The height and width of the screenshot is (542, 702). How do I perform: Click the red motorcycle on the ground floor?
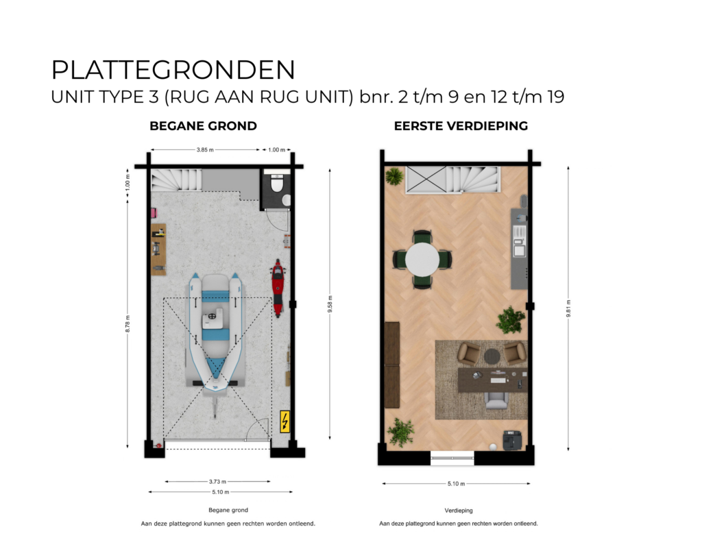click(278, 287)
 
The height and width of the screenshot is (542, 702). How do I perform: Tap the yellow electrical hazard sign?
click(285, 421)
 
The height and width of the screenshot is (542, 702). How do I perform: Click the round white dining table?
click(422, 260)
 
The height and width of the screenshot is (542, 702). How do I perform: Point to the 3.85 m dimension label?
click(205, 149)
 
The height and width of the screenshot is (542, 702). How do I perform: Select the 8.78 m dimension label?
click(128, 325)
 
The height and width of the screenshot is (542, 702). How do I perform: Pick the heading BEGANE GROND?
click(204, 126)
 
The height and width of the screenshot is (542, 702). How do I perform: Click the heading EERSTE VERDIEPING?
click(461, 126)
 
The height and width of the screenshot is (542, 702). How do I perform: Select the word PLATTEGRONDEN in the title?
click(173, 71)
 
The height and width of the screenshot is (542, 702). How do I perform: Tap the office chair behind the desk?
click(496, 399)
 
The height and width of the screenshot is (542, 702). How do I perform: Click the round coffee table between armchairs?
click(492, 356)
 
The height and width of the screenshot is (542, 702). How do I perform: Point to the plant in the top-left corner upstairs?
click(394, 177)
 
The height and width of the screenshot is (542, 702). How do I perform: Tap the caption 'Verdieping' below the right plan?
click(459, 510)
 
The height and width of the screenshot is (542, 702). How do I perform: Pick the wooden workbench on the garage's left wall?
click(158, 249)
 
